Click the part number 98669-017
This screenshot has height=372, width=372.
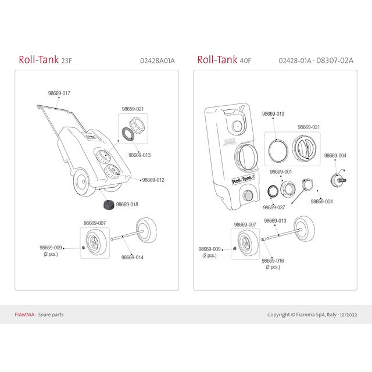(x=59, y=93)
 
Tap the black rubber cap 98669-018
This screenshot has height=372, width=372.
(x=109, y=205)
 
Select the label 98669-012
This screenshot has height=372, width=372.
(x=153, y=180)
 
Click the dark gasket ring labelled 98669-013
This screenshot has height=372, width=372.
(x=128, y=134)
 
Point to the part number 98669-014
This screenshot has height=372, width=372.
(x=133, y=257)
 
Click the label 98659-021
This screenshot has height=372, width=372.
(x=133, y=109)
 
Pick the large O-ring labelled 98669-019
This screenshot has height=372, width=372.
(x=278, y=151)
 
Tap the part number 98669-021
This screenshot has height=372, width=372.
(x=309, y=127)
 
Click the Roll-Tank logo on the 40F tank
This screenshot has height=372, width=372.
(x=243, y=180)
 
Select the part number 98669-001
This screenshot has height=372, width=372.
(x=281, y=171)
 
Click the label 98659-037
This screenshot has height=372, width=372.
(x=274, y=208)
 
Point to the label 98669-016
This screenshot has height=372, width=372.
(x=273, y=260)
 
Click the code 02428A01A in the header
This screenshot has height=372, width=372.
(x=158, y=60)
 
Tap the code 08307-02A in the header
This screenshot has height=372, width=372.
(x=335, y=60)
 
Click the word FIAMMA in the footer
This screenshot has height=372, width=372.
(x=24, y=314)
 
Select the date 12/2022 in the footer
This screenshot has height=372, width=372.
(x=348, y=315)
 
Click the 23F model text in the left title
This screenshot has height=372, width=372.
(x=66, y=60)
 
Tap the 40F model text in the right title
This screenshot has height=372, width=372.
(x=245, y=60)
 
